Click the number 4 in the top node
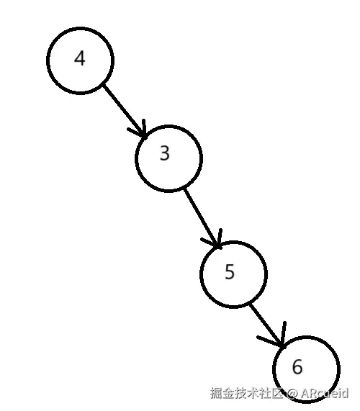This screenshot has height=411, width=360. (x=80, y=59)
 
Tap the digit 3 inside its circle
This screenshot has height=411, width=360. (x=165, y=153)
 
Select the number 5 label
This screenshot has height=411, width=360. (x=230, y=272)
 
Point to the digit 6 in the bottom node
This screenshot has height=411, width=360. (x=297, y=367)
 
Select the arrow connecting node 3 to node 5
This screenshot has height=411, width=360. (x=201, y=216)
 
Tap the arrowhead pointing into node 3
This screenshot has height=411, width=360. (x=141, y=131)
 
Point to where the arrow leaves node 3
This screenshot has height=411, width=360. (x=186, y=189)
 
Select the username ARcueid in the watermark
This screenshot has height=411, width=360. (x=324, y=394)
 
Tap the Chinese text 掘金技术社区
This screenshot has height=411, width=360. (x=247, y=394)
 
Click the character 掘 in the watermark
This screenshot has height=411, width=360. (x=216, y=394)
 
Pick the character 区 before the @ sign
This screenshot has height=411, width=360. (x=278, y=394)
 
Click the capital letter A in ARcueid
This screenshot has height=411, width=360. (x=305, y=394)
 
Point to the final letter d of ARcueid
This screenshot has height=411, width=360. (x=345, y=394)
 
